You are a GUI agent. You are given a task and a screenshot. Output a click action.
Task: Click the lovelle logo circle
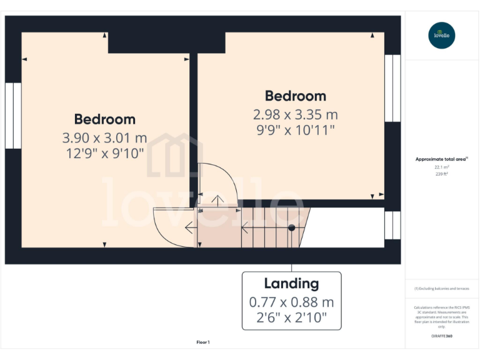pyautogui.click(x=442, y=35)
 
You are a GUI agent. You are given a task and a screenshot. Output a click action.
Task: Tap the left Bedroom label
pyautogui.click(x=104, y=119)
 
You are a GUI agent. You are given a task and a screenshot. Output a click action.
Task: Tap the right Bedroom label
pyautogui.click(x=295, y=96)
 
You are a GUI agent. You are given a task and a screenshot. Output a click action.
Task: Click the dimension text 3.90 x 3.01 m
pyautogui.click(x=104, y=137)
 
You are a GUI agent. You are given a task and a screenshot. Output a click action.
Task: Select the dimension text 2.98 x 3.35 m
pyautogui.click(x=295, y=114)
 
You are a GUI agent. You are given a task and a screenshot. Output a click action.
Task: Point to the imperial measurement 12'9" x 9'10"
pyautogui.click(x=104, y=153)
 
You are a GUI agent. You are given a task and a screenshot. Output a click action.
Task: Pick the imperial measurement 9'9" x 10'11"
pyautogui.click(x=295, y=130)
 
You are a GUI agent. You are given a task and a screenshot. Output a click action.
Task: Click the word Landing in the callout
pyautogui.click(x=291, y=283)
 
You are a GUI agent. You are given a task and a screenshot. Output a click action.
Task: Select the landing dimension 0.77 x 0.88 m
pyautogui.click(x=291, y=302)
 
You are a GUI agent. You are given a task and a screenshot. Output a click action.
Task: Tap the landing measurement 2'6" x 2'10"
pyautogui.click(x=291, y=319)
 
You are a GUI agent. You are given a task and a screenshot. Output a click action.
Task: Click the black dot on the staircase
pyautogui.click(x=291, y=227)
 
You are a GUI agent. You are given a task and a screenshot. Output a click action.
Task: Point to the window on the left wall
pyautogui.click(x=13, y=116)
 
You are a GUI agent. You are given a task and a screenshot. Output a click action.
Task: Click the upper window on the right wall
pyautogui.click(x=392, y=88)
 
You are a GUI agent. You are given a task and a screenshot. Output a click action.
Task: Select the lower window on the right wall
pyautogui.click(x=392, y=225)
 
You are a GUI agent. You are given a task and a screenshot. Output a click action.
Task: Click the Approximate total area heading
pyautogui.click(x=441, y=159)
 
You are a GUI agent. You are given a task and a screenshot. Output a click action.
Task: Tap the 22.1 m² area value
pyautogui.click(x=441, y=167)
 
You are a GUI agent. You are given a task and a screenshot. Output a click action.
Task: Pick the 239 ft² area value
pyautogui.click(x=441, y=174)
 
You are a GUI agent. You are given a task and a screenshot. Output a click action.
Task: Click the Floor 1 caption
pyautogui.click(x=203, y=342)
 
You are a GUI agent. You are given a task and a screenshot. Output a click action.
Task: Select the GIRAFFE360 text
pyautogui.click(x=441, y=336)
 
